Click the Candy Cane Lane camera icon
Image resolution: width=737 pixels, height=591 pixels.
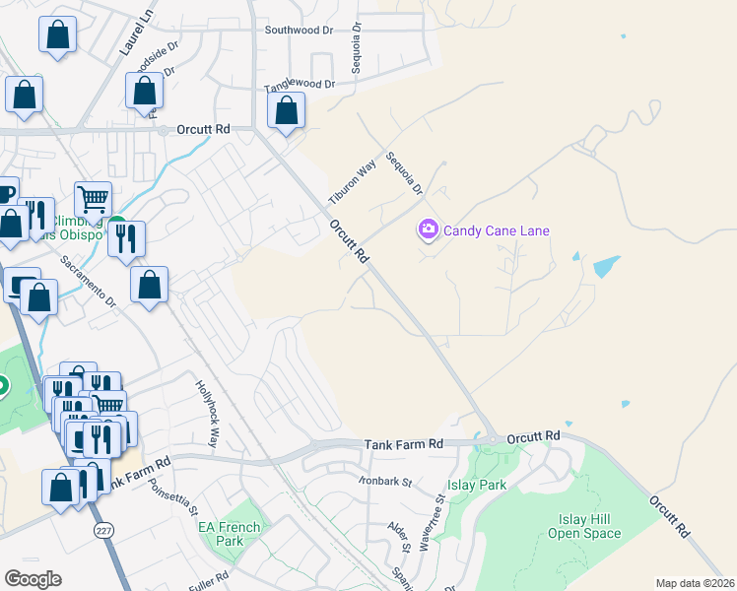pyautogui.click(x=428, y=230)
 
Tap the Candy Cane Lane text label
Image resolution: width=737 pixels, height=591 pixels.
pyautogui.click(x=496, y=231)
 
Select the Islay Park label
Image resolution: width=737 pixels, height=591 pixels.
pyautogui.click(x=477, y=485)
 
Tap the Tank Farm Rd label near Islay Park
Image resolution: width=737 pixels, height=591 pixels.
pyautogui.click(x=404, y=445)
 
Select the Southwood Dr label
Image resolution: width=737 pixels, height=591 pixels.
pyautogui.click(x=300, y=31)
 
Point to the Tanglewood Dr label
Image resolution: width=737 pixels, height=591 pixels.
pyautogui.click(x=300, y=86)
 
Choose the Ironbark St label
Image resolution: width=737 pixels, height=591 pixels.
pyautogui.click(x=384, y=482)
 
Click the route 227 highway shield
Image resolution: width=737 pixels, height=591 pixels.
pyautogui.click(x=103, y=530)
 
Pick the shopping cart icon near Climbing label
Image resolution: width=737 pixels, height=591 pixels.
pyautogui.click(x=93, y=198)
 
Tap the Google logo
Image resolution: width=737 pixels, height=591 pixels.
pyautogui.click(x=33, y=579)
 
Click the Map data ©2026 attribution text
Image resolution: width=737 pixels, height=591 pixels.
pyautogui.click(x=695, y=583)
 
